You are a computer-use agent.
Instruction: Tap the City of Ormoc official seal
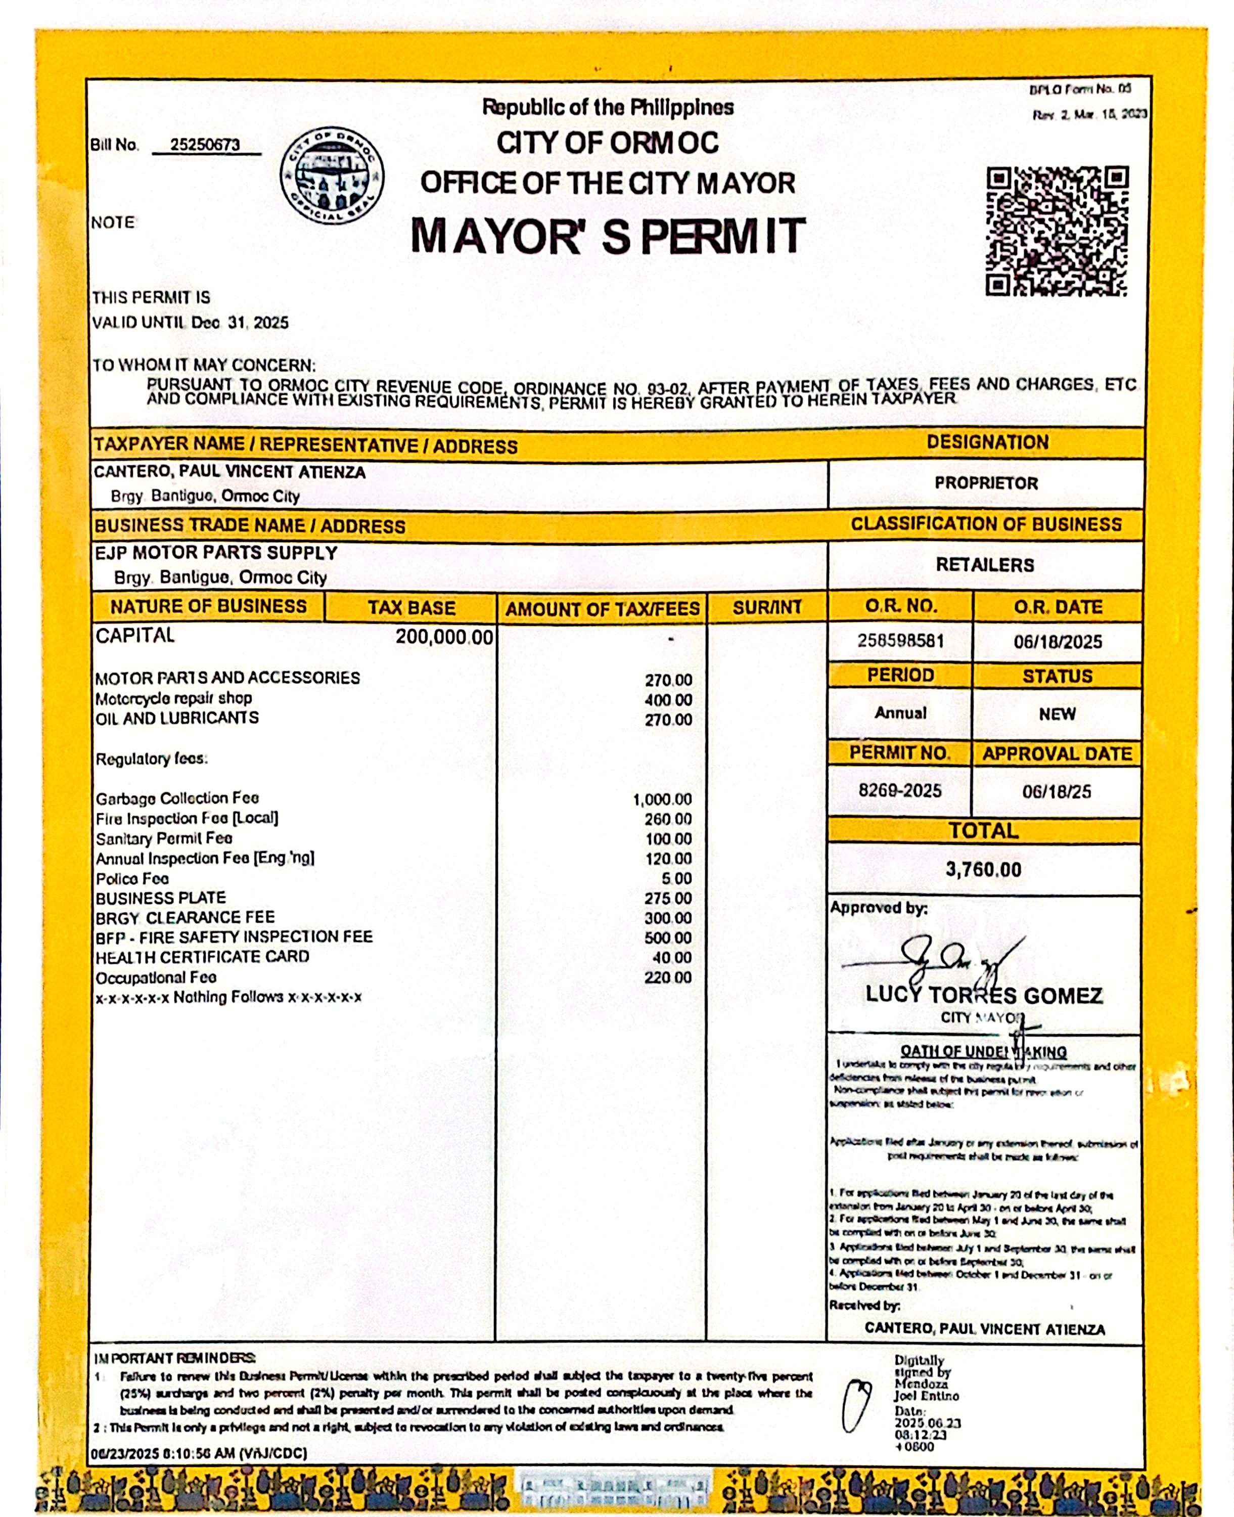pos(332,177)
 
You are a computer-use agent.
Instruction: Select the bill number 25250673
pos(205,145)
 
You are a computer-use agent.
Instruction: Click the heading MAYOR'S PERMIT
pos(608,236)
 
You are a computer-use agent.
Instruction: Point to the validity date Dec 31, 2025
pos(240,323)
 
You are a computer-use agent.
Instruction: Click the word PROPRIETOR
pos(986,483)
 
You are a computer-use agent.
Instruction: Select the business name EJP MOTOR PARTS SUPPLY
pos(216,553)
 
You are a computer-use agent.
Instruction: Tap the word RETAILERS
pos(984,565)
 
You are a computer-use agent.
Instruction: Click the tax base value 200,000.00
pos(443,637)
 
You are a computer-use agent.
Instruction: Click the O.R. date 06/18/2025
pos(1057,642)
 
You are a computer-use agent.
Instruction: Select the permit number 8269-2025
pos(899,790)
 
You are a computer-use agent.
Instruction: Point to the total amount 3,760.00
pos(983,869)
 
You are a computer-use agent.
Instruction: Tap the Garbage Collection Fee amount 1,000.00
pos(662,800)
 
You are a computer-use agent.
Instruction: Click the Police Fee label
pos(133,879)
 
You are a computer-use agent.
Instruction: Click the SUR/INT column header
pos(767,608)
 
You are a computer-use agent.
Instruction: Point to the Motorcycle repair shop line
pos(174,698)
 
